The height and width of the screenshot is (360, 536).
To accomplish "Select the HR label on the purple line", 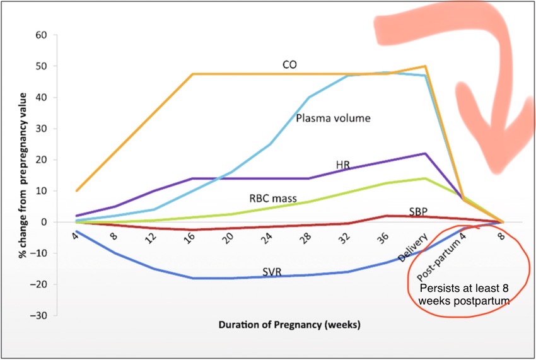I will [342, 165].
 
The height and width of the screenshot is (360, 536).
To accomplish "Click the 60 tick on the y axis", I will [41, 35].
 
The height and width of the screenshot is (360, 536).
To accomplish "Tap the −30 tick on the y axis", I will [39, 315].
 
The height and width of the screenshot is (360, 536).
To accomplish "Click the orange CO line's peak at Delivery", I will [426, 66].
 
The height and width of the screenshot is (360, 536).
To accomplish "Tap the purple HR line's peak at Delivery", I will [426, 153].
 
